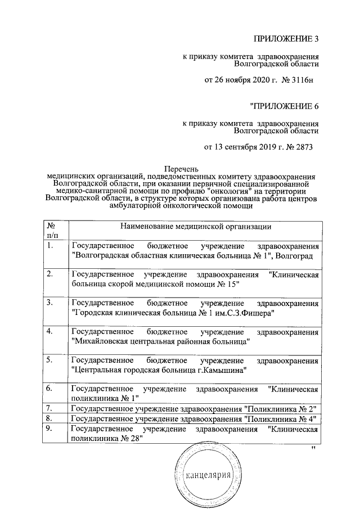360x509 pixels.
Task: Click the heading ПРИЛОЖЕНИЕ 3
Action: pos(286,39)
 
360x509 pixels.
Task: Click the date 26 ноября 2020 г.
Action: pos(235,80)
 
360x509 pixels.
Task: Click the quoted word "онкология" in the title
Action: pos(226,191)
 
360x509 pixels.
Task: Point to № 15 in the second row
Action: pos(224,284)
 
